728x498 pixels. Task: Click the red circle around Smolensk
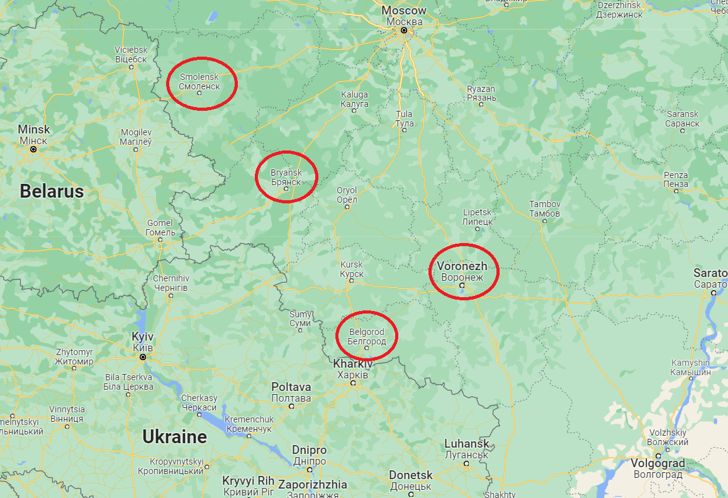pos(202,83)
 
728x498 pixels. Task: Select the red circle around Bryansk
pos(286,177)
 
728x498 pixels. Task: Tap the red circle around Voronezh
pos(464,271)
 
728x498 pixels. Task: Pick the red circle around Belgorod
pos(367,336)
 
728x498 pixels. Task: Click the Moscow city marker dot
pos(404,30)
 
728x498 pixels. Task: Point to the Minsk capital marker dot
pos(33,150)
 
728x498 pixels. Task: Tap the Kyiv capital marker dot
pos(143,357)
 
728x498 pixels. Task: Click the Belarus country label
pos(52,191)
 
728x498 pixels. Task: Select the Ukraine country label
pos(174,436)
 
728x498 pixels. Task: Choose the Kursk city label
pos(352,269)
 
